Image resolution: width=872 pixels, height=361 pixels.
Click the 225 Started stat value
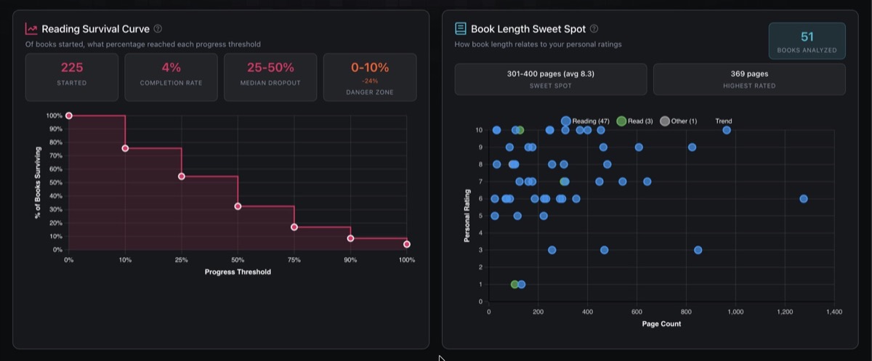coord(72,68)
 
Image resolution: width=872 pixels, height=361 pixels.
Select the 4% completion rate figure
coord(171,68)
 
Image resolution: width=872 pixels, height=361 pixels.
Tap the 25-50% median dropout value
coord(270,68)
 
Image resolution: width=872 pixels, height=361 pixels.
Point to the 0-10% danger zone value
coord(370,68)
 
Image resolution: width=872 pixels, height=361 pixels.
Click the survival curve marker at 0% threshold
coord(69,115)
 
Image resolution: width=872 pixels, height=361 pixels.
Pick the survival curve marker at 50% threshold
coord(238,206)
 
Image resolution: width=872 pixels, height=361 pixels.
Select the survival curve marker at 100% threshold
coord(407,244)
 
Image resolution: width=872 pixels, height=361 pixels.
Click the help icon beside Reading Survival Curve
coord(158,29)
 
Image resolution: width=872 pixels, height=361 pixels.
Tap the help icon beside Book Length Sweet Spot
coord(594,29)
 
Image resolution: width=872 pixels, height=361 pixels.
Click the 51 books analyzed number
coord(807,37)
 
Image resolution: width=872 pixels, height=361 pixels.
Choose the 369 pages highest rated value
coord(749,73)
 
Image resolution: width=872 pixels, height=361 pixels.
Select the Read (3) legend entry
coord(634,121)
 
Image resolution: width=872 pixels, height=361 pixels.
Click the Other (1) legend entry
coord(679,121)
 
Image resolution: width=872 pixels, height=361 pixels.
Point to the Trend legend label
coord(724,121)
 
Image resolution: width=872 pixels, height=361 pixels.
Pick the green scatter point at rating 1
coord(514,284)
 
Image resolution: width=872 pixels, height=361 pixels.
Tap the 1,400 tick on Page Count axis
coord(833,312)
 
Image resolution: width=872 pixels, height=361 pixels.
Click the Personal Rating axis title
coord(467,216)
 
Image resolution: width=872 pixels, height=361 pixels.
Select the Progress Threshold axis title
coord(238,272)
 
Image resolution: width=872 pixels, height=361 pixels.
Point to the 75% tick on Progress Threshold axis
coord(294,259)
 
